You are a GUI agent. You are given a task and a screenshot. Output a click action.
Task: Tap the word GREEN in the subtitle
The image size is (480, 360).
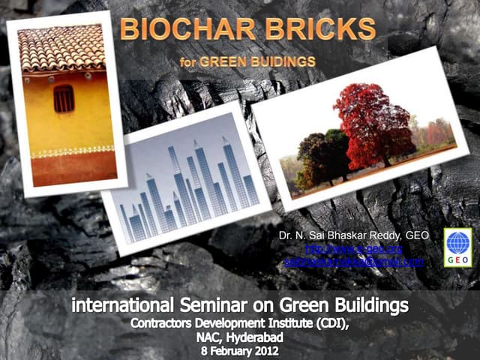coord(229,60)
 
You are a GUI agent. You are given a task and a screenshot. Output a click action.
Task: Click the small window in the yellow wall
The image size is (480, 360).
coord(64,98)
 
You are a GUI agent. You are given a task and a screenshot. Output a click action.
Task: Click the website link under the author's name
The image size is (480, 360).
coord(354,249)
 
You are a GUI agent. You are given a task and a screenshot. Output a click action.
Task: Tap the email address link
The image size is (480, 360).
coord(354,262)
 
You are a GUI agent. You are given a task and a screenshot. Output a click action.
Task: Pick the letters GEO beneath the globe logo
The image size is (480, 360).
coord(457,257)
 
